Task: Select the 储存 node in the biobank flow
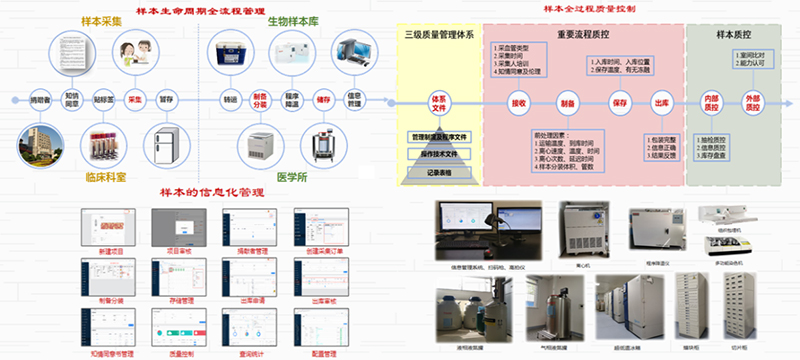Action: point(323,100)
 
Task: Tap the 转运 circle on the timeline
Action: point(231,100)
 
